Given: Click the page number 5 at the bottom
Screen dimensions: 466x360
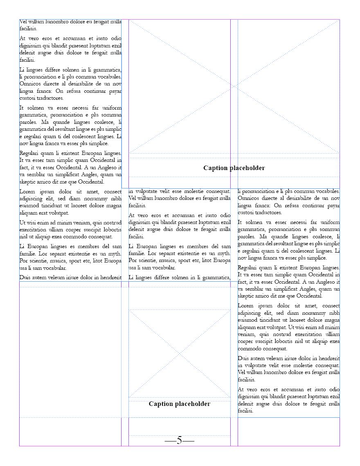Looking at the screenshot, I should coord(179,441).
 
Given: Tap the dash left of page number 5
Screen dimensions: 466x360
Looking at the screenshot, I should coord(170,441).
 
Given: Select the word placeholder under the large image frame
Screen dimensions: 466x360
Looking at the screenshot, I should coord(247,168).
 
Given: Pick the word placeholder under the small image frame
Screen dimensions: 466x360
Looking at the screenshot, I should coord(193,404).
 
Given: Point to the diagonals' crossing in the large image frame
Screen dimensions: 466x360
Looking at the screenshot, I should coord(234,86).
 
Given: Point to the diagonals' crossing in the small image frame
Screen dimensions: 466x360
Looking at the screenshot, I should coord(180,353).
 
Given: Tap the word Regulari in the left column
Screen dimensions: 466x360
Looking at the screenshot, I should coord(30,153).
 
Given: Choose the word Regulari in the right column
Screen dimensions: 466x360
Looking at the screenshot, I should coord(248,268).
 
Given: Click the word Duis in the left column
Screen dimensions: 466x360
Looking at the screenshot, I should coord(25,278).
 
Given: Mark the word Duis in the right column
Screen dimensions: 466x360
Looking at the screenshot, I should coord(244,358).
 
